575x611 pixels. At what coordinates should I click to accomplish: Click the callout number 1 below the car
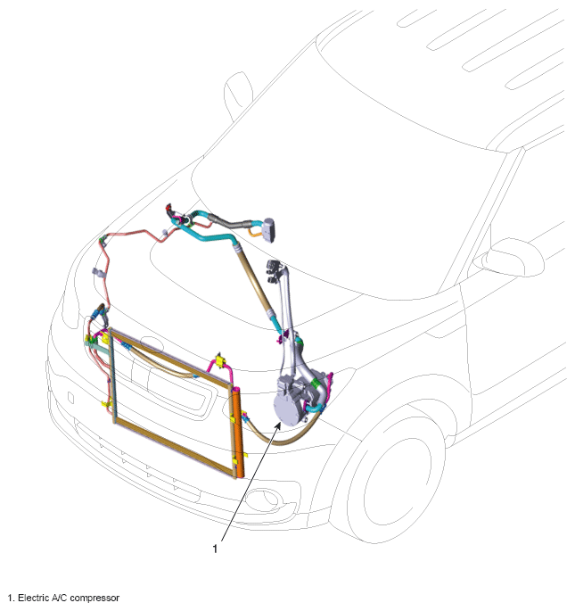point(215,549)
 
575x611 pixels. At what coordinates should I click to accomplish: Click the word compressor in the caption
point(94,599)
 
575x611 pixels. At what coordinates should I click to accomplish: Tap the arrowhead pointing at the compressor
point(278,425)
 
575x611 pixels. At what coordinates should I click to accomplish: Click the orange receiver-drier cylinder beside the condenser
point(238,433)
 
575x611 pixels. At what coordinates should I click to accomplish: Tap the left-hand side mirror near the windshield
point(238,95)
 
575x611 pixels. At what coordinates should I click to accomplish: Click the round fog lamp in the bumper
point(266,500)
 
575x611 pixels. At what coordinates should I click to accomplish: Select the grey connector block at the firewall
point(269,230)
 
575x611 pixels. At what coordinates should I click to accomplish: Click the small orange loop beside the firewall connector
point(255,232)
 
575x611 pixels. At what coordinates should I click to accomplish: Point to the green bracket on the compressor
point(315,386)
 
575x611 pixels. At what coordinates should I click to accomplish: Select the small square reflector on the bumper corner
point(70,398)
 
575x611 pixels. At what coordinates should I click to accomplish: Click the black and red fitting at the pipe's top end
point(169,209)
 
